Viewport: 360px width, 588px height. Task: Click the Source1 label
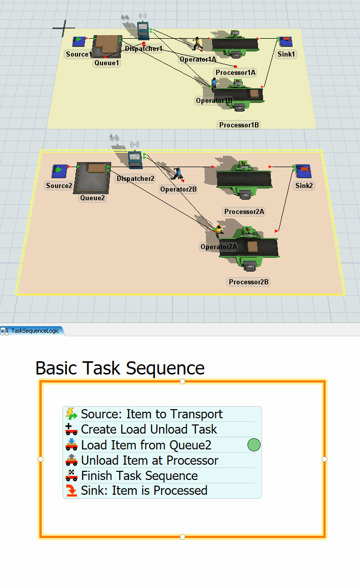[x=79, y=54]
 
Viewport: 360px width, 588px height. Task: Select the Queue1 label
[x=107, y=63]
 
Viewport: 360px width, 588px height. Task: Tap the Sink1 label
[x=287, y=54]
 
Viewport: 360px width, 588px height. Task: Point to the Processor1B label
[x=239, y=125]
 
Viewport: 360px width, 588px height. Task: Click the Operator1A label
[x=198, y=60]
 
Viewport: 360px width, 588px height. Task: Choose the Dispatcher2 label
[x=135, y=178]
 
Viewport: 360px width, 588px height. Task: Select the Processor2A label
[x=244, y=211]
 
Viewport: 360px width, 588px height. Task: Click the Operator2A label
[x=219, y=247]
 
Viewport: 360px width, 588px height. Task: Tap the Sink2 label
[x=304, y=185]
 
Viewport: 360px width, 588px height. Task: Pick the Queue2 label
[x=92, y=198]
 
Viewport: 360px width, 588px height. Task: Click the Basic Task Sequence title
[x=120, y=367]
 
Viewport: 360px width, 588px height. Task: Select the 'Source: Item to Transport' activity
[x=151, y=414]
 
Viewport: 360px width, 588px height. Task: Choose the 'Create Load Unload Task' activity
[x=149, y=430]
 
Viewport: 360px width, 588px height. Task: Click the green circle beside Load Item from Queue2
[x=254, y=445]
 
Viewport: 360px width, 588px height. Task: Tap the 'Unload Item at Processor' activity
[x=149, y=460]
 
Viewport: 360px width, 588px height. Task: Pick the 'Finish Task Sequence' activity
[x=139, y=475]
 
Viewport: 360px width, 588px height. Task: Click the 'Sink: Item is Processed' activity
[x=144, y=491]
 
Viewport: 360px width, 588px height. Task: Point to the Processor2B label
[x=248, y=282]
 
